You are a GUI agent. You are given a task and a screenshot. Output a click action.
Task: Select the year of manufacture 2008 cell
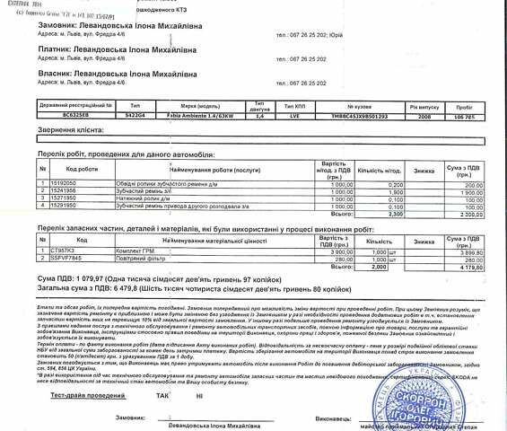click(424, 117)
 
